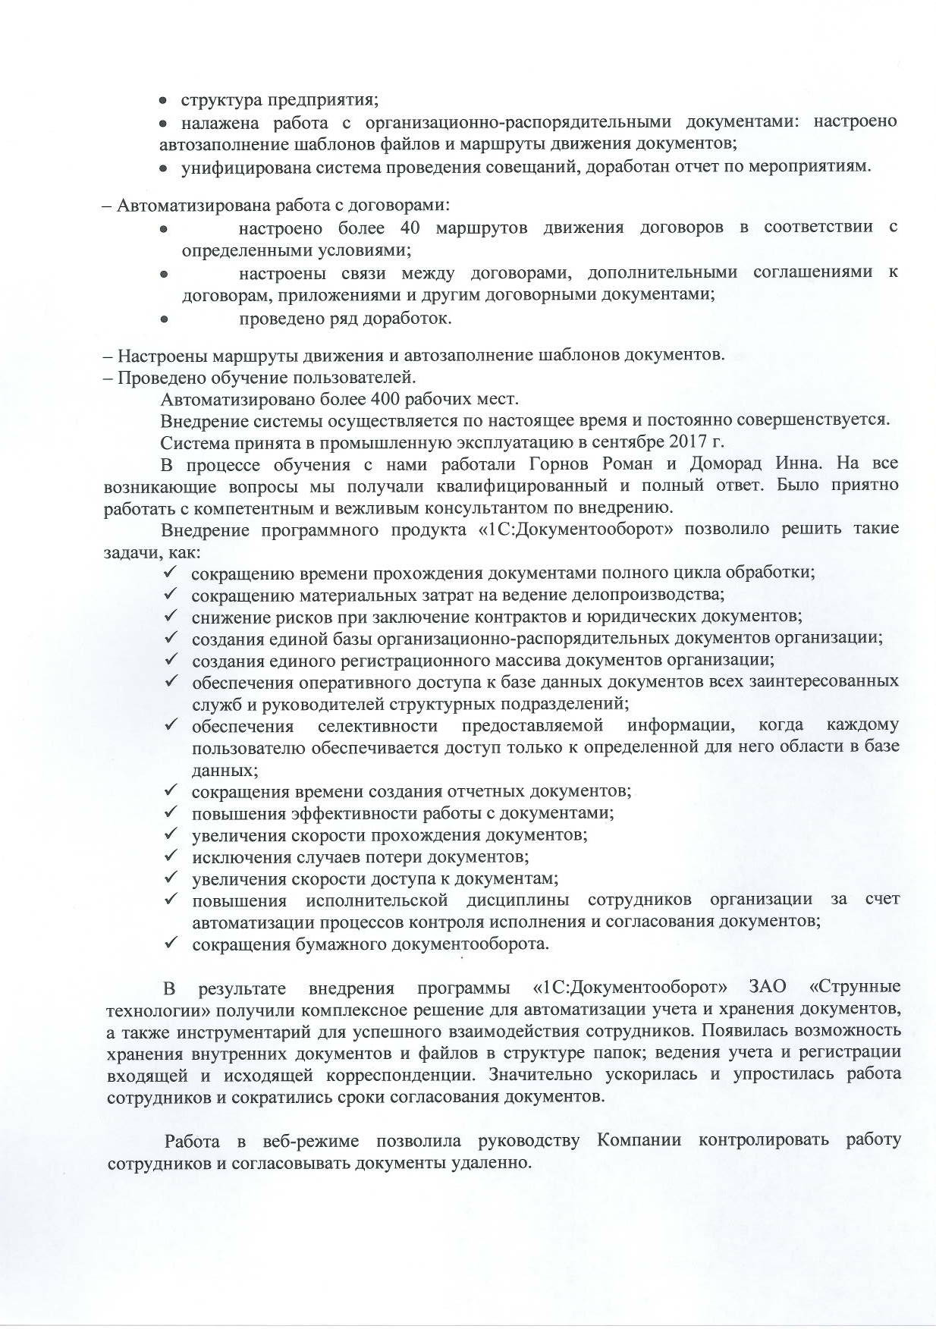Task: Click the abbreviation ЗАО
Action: (767, 988)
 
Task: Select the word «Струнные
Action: (855, 988)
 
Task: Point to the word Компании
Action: (639, 1141)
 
